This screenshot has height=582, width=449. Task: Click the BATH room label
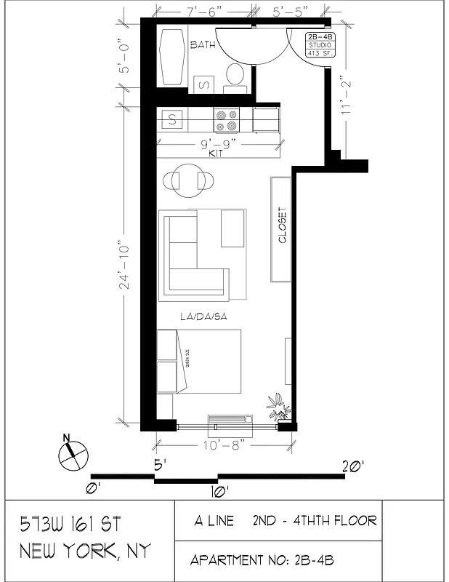click(203, 46)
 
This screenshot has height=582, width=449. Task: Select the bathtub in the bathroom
click(172, 57)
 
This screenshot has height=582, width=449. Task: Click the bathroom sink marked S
click(204, 84)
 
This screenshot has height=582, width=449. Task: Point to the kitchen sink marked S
click(173, 119)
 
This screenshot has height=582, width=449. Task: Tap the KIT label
click(215, 154)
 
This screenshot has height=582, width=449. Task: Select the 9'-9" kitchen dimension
click(215, 143)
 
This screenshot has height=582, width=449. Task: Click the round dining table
click(188, 179)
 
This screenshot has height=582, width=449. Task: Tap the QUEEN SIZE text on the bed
click(187, 360)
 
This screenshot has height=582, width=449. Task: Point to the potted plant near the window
click(278, 404)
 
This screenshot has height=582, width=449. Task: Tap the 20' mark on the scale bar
click(354, 466)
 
